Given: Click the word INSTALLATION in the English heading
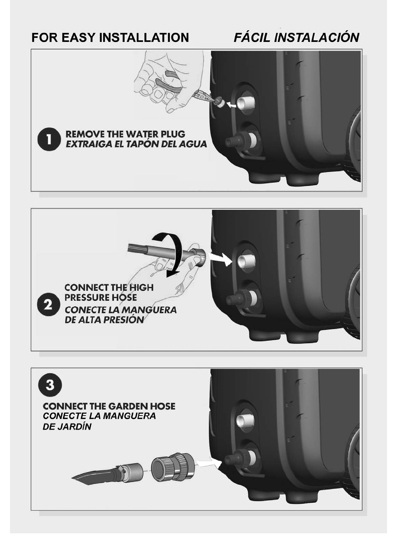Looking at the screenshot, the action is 144,37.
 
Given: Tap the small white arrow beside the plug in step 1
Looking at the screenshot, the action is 232,105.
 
